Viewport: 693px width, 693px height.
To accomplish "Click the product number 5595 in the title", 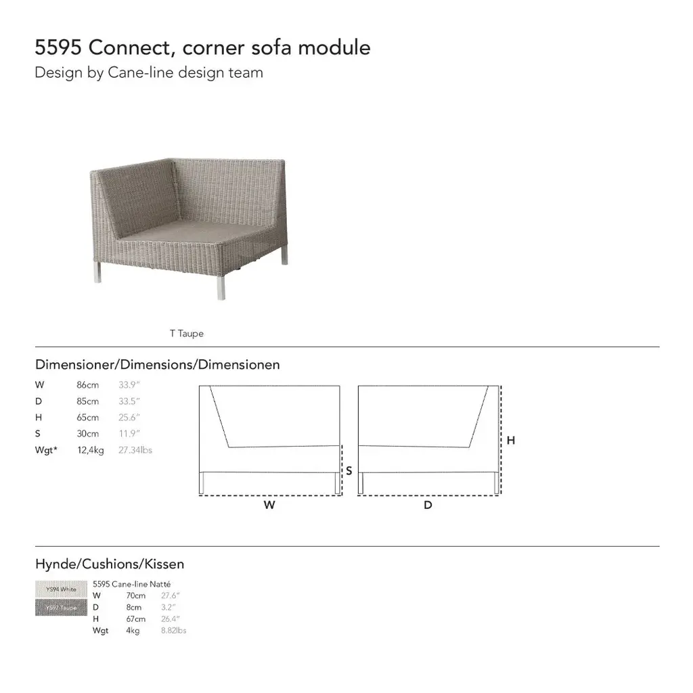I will (x=59, y=48).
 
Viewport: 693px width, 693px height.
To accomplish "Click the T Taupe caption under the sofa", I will (x=186, y=334).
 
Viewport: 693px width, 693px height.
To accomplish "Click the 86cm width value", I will (x=87, y=385).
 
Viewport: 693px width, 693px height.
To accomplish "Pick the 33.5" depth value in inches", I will (x=129, y=401).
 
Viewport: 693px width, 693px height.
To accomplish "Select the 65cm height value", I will (x=87, y=418).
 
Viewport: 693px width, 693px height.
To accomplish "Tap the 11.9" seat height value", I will (x=129, y=434).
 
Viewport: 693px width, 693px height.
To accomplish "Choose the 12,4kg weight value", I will (x=90, y=450).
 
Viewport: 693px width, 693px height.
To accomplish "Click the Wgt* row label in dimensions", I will (x=46, y=450).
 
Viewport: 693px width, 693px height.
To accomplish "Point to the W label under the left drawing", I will (x=269, y=505).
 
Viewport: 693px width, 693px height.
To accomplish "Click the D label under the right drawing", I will (x=428, y=505).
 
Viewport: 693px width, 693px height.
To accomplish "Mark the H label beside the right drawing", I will (x=511, y=441).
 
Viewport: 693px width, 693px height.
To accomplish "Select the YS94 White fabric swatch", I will (x=61, y=589).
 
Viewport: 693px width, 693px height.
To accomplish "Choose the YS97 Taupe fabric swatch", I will (x=61, y=608).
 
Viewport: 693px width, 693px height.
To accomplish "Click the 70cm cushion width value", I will (x=135, y=596).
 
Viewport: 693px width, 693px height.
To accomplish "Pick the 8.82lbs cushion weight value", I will (x=173, y=631).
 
